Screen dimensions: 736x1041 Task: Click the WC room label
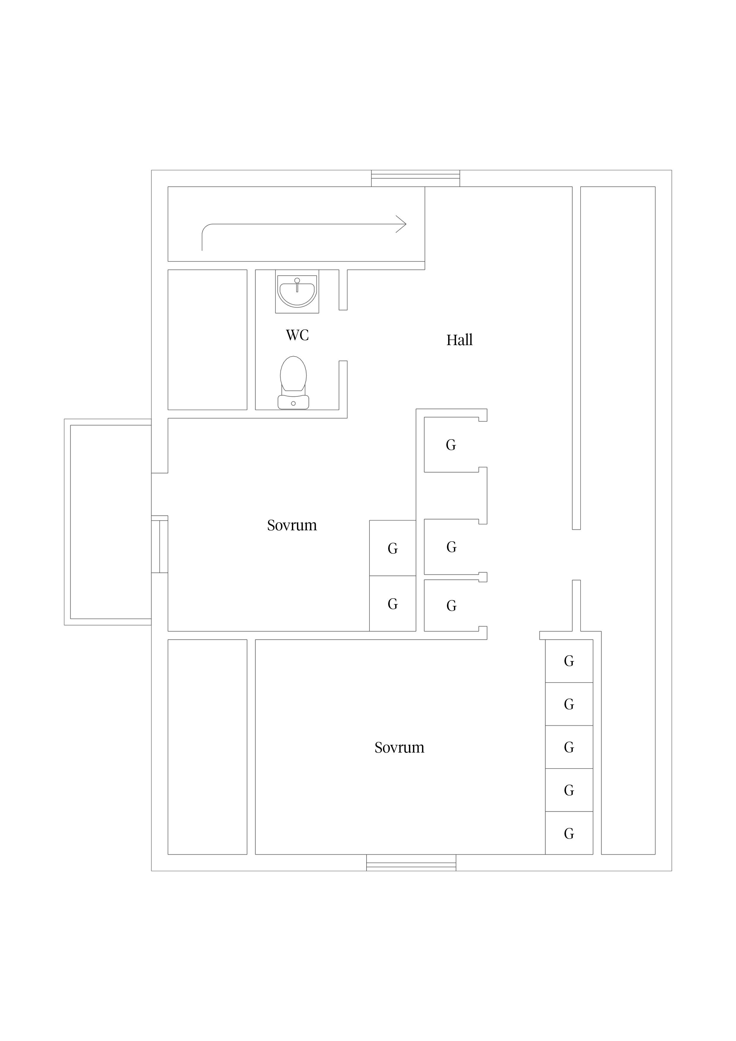coord(297,335)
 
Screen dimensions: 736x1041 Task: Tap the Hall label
coord(459,340)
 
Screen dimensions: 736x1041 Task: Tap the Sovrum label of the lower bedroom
coord(399,748)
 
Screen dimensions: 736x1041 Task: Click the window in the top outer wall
coord(415,178)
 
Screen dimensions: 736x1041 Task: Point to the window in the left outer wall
coord(160,544)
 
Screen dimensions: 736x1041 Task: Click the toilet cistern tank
coord(294,402)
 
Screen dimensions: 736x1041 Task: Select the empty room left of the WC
coord(207,339)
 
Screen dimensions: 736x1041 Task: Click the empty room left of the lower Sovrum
coord(207,747)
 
